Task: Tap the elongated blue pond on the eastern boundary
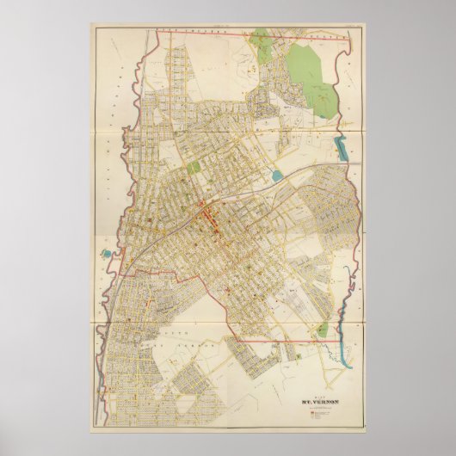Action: (343, 149)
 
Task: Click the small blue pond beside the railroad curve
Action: (276, 176)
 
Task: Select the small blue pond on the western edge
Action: (105, 255)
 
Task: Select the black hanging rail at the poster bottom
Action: (227, 440)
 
